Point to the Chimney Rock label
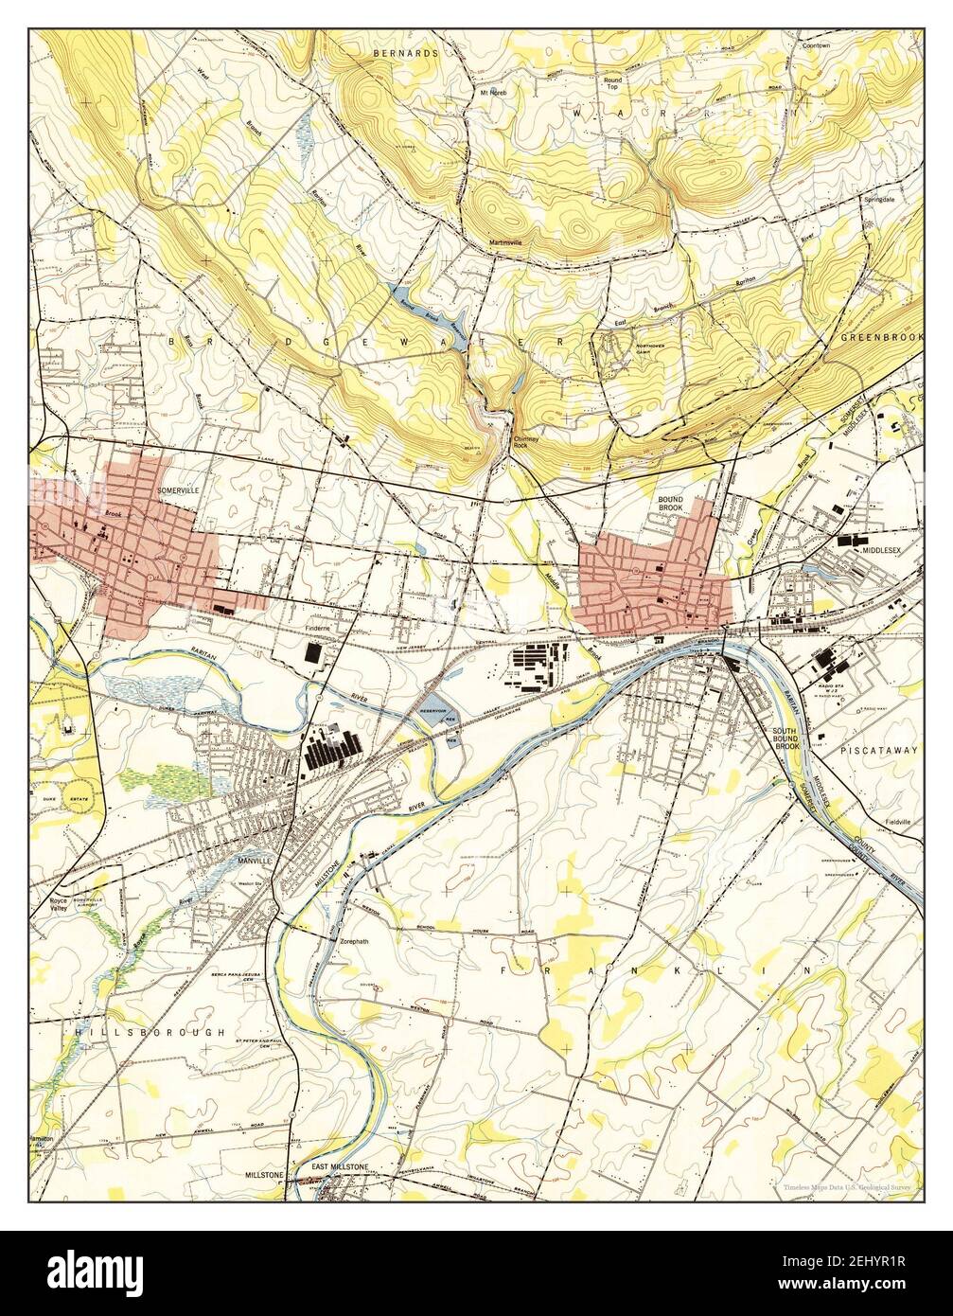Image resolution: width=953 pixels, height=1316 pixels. [x=525, y=442]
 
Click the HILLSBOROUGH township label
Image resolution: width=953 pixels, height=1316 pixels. [x=151, y=1031]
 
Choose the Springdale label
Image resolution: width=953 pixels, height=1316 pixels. [x=877, y=201]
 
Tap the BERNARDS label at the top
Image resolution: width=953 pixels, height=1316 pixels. [x=405, y=54]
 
